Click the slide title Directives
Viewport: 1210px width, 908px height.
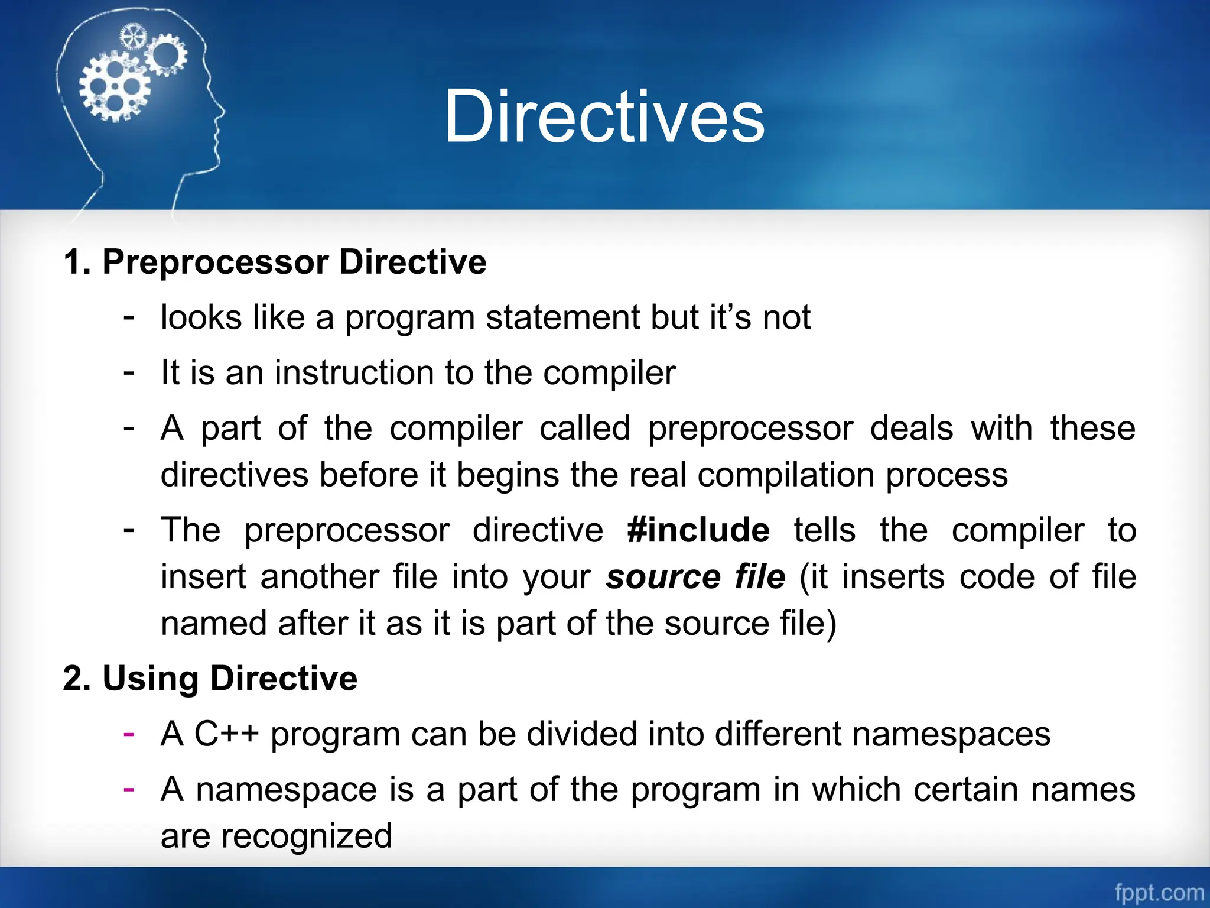click(604, 116)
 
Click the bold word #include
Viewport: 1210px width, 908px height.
click(698, 530)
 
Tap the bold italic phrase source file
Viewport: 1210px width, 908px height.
click(695, 577)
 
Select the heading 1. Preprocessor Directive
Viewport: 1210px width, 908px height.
click(275, 262)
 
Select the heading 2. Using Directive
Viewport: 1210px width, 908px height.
click(210, 678)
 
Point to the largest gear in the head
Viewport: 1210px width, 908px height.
click(115, 87)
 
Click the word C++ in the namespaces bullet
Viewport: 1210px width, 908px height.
click(227, 734)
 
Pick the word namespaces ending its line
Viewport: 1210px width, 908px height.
click(951, 734)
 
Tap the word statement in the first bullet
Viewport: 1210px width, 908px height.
click(562, 317)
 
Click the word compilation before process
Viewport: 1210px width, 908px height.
click(786, 475)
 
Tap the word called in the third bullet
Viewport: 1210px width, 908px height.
click(584, 428)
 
